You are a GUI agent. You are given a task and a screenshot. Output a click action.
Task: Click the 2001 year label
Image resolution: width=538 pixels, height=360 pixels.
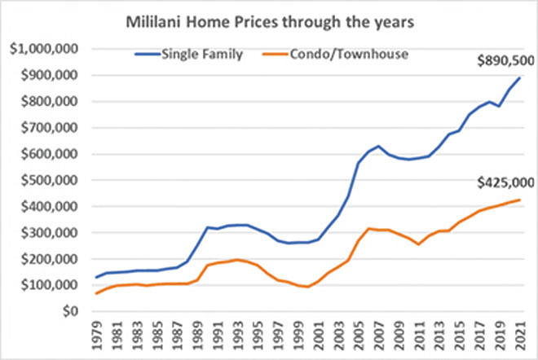317,335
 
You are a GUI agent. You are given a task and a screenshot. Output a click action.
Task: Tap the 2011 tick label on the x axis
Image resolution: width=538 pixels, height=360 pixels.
417,335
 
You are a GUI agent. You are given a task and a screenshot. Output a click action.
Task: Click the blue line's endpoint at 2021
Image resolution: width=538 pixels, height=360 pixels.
519,78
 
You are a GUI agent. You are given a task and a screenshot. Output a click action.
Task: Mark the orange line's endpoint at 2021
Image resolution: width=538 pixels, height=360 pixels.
519,200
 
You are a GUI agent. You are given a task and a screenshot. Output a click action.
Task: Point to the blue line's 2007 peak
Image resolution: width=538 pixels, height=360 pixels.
378,147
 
